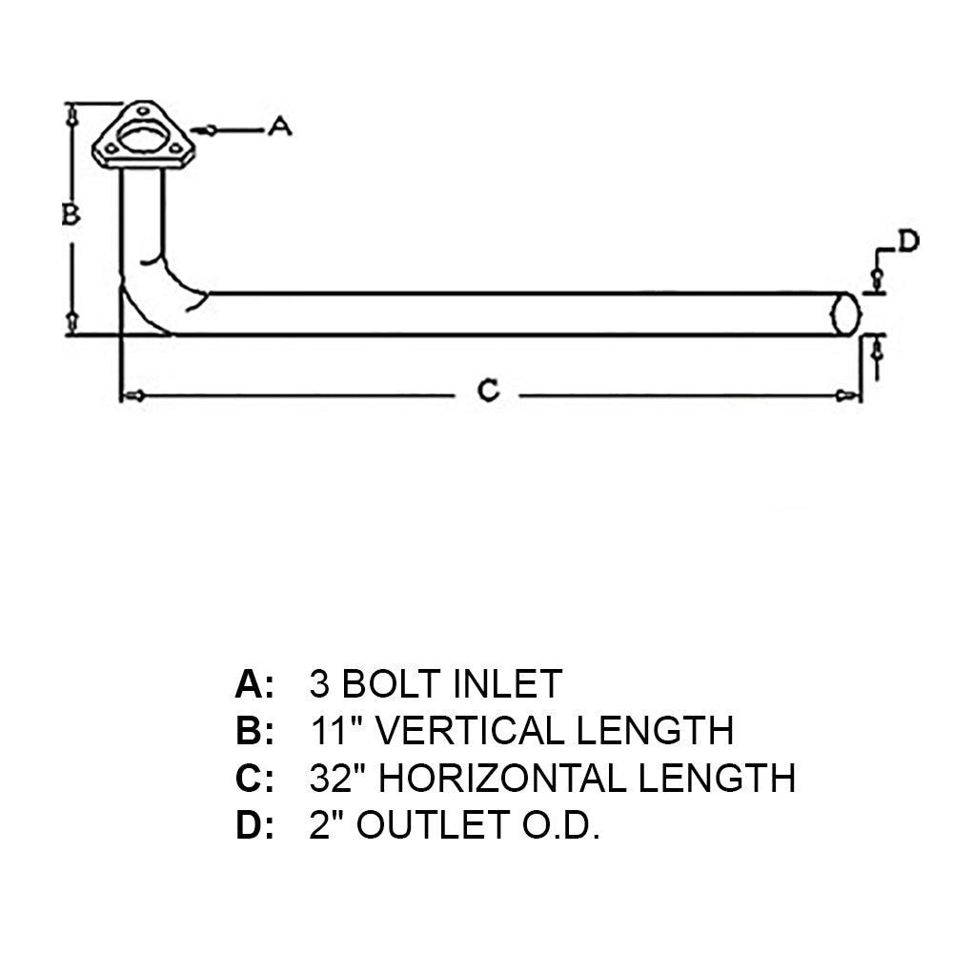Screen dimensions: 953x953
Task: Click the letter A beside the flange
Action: click(x=278, y=126)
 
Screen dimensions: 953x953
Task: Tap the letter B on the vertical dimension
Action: click(x=71, y=214)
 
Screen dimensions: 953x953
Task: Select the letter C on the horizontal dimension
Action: click(x=487, y=390)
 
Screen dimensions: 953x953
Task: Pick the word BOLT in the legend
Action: click(x=389, y=683)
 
